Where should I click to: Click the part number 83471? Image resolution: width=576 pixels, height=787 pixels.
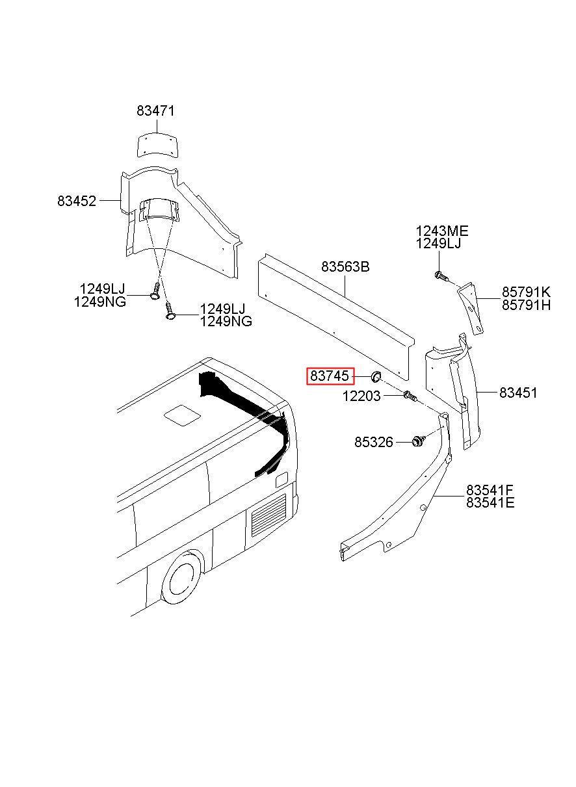(155, 111)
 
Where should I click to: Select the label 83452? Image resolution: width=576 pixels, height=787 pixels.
(77, 201)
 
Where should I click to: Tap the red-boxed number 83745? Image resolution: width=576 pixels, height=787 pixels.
(330, 376)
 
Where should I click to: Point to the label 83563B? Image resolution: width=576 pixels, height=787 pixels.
(345, 266)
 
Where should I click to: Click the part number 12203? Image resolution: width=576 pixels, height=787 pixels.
(361, 396)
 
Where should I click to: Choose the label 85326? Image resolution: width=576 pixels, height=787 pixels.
(374, 442)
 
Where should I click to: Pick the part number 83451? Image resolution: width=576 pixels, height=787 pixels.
(518, 393)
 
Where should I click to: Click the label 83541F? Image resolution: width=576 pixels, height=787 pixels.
(490, 490)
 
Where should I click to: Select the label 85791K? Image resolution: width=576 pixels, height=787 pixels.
(525, 292)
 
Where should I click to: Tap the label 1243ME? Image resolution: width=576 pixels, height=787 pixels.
(442, 231)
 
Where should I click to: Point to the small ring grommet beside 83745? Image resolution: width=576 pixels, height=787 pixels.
(376, 376)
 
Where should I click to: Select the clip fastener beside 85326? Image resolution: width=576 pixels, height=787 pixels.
(417, 441)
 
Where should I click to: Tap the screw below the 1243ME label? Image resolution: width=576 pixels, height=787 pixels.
(441, 276)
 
